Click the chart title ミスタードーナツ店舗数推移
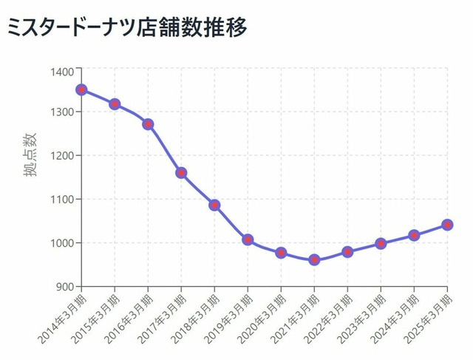click(x=126, y=27)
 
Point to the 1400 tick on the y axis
click(x=61, y=71)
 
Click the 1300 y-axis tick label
click(x=61, y=112)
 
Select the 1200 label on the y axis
click(x=61, y=156)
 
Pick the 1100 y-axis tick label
click(x=61, y=200)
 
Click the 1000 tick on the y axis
click(x=61, y=243)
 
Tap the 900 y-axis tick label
click(x=63, y=287)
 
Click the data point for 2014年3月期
click(x=81, y=90)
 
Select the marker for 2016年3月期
click(x=148, y=124)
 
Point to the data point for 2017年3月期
click(x=181, y=173)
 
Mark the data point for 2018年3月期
click(x=214, y=205)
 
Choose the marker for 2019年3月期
click(x=248, y=240)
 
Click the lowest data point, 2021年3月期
click(x=314, y=260)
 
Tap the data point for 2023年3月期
click(x=381, y=243)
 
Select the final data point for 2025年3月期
click(x=447, y=225)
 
